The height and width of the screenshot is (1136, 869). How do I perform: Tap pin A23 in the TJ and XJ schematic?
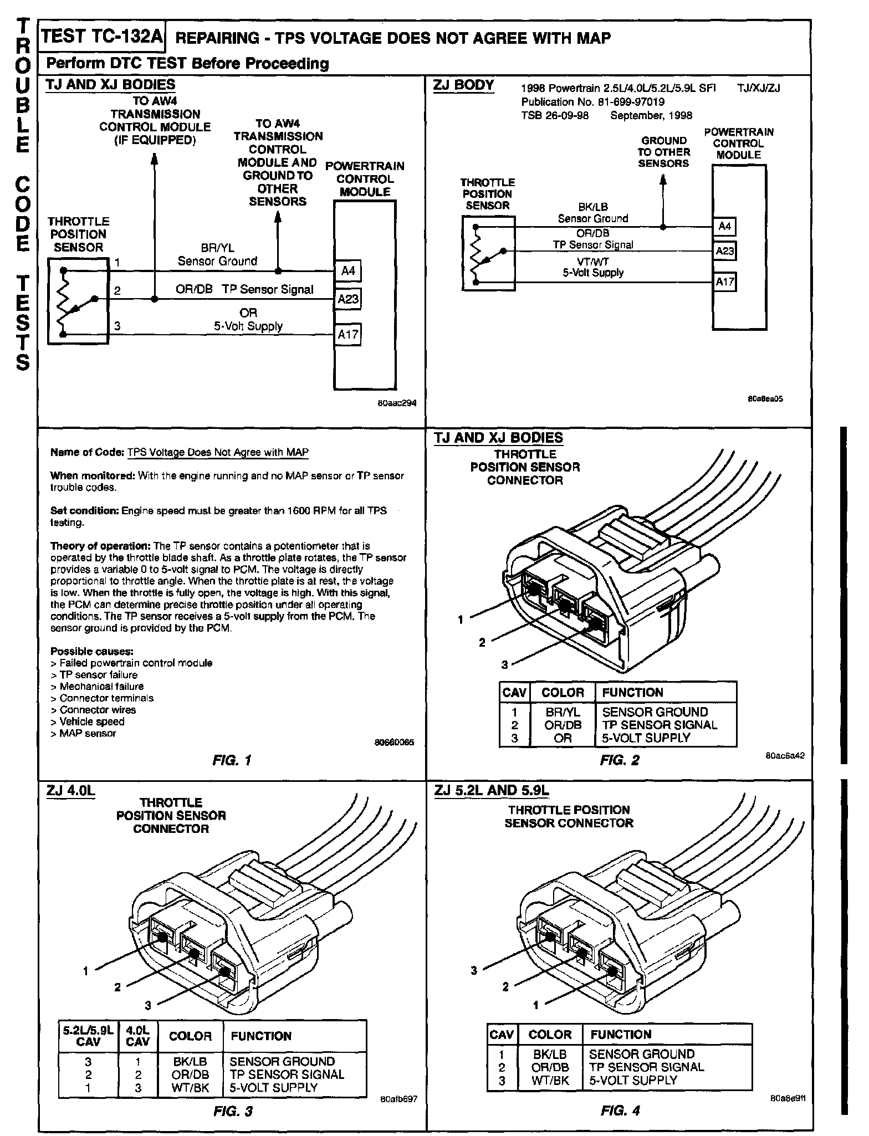348,299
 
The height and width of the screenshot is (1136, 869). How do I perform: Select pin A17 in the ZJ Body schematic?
724,282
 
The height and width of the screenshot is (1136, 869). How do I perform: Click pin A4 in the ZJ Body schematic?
724,226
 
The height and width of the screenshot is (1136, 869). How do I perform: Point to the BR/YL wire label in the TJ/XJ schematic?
217,248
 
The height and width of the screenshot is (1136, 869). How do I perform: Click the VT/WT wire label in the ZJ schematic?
594,262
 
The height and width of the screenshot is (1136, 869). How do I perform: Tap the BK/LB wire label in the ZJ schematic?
593,207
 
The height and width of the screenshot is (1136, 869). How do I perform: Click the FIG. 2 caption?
619,760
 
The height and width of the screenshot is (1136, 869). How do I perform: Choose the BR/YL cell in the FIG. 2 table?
563,712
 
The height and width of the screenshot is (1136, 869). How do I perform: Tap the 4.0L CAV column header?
138,1036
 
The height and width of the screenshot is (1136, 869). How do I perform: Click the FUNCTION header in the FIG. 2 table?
632,693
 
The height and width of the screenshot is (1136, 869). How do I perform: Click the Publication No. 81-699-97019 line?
593,102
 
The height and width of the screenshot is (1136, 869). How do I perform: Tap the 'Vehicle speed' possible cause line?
91,721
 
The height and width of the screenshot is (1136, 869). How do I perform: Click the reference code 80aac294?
396,403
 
